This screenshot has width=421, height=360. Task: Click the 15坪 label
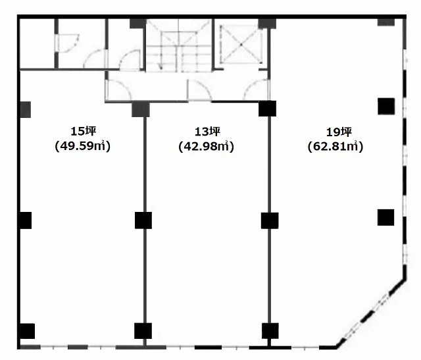pos(83,132)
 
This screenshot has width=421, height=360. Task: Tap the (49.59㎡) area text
pos(83,146)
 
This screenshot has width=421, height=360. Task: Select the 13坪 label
pos(207,132)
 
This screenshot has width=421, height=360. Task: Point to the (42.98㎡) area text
pos(206,146)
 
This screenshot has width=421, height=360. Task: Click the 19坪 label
pos(339,132)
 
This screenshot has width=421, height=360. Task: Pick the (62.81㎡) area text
pos(335,147)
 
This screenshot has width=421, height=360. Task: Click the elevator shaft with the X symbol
pos(241,44)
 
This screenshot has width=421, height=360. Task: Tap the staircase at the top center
pos(179,45)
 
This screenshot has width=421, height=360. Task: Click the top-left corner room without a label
pos(37,43)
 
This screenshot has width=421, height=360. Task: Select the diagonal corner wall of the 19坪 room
pos(370,313)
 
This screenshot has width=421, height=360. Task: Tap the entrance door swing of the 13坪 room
pos(199,90)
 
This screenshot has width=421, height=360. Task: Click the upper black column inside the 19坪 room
pos(386,107)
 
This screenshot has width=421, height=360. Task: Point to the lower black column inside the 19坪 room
pos(386,217)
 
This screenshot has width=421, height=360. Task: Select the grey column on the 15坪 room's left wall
pos(26,109)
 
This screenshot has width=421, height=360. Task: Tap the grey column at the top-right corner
pos(386,22)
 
